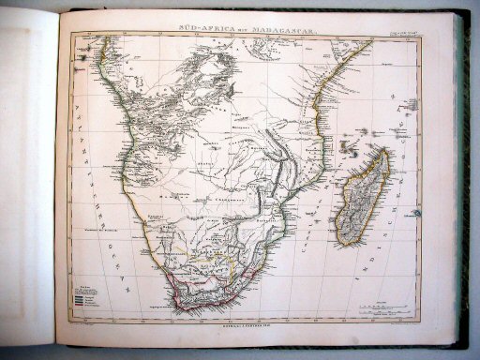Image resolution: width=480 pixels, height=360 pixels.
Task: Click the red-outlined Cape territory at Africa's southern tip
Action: [192, 297]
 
